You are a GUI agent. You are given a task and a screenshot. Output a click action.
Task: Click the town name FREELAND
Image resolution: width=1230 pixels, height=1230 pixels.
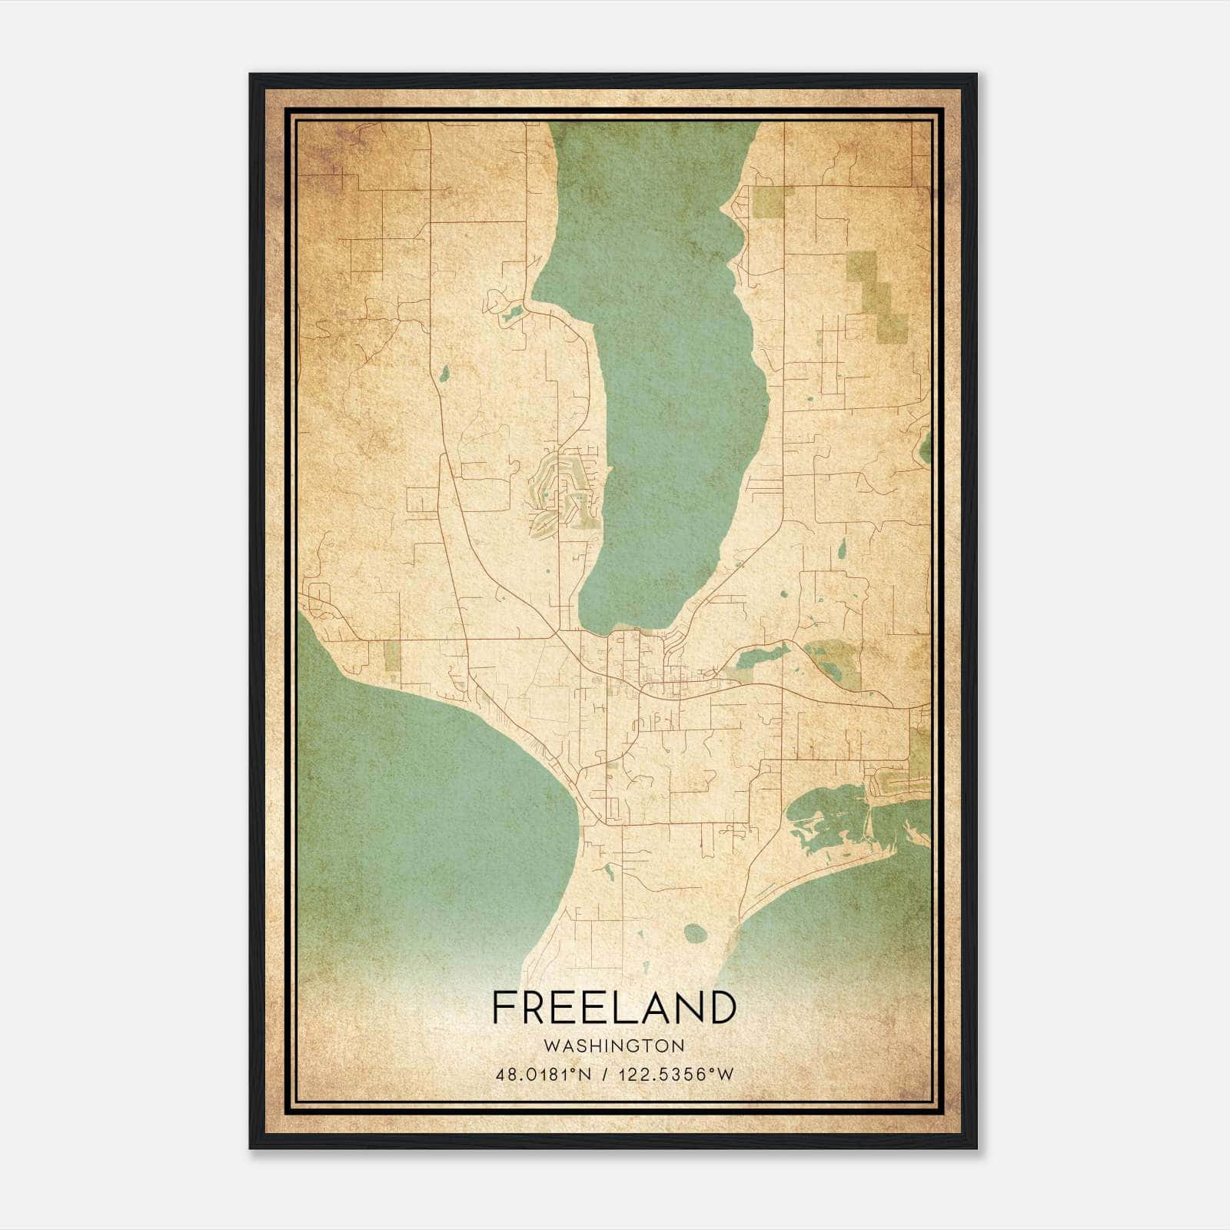pos(613,1007)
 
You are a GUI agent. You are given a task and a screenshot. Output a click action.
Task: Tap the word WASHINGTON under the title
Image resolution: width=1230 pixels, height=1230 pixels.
pos(613,1046)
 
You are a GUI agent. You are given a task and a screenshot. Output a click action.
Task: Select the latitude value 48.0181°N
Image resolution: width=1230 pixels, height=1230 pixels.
pos(544,1074)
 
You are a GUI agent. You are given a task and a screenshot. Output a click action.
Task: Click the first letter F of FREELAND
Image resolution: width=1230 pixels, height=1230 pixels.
pos(504,1007)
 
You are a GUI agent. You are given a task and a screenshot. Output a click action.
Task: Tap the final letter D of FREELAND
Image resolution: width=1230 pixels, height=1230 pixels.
pos(722,1007)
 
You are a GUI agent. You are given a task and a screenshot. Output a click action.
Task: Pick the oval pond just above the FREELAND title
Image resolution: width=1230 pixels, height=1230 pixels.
pos(695,933)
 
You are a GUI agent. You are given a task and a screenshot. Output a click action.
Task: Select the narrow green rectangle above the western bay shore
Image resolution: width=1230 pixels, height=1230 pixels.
pos(392,658)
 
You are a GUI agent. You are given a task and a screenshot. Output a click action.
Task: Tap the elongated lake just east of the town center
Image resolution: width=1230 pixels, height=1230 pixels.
pos(761,656)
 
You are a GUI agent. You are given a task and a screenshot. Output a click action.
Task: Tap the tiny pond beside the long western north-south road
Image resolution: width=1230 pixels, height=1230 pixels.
pos(444,374)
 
